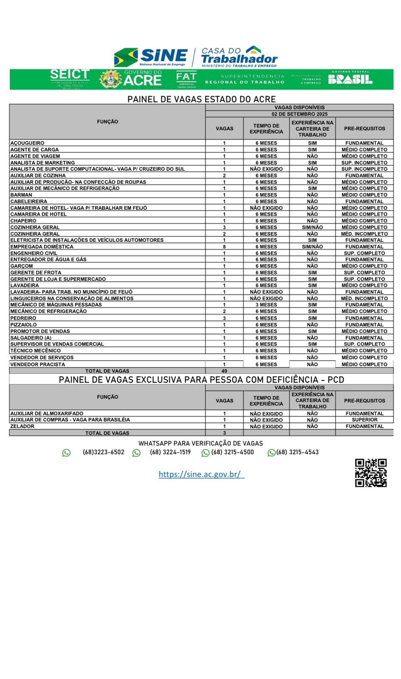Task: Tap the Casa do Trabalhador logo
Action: coord(239,57)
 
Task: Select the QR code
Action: coord(371,473)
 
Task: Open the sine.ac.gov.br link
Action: coord(201,474)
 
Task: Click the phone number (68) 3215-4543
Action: coord(297,452)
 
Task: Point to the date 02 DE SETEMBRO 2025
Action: coord(299,114)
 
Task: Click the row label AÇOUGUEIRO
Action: coord(27,143)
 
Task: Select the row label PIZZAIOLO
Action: coord(23,325)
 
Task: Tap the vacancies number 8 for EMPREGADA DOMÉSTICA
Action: coord(224,247)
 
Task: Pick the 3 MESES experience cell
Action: coord(266,305)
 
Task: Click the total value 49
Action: coord(224,371)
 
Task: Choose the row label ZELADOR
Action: coord(22,426)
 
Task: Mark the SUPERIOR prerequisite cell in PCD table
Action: coord(364,420)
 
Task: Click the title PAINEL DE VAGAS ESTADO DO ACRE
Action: coord(201,99)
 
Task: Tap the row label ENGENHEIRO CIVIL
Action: coord(34,253)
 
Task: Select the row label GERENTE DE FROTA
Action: coord(36,272)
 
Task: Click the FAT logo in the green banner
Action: coord(186,79)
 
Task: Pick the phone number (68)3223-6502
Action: coord(103,452)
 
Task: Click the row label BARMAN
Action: coord(21,195)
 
